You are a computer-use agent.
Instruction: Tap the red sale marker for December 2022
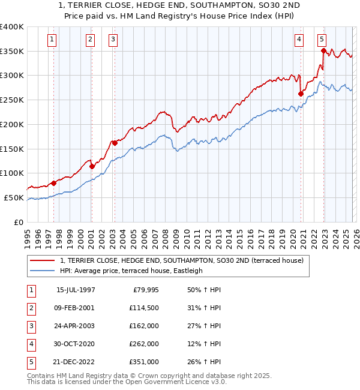click(323, 51)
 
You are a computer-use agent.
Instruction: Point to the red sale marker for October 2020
click(301, 94)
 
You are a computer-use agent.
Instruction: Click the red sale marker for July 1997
click(53, 183)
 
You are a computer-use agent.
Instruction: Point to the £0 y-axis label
click(18, 222)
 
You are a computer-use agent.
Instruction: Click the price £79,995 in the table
click(143, 290)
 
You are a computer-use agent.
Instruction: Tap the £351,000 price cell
click(143, 362)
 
